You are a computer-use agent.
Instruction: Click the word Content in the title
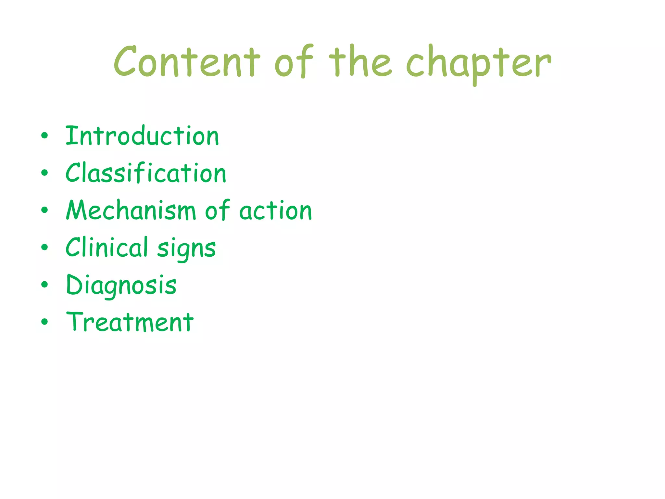pos(187,62)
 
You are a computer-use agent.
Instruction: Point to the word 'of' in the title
pos(294,62)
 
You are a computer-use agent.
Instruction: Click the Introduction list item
pos(142,136)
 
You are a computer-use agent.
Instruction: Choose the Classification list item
pos(146,173)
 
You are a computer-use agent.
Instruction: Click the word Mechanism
pos(131,210)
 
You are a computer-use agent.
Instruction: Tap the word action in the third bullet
pos(276,211)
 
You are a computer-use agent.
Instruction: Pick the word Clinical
pos(107,247)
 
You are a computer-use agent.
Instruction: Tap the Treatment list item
pos(130,322)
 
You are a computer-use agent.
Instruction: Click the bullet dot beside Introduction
pos(44,136)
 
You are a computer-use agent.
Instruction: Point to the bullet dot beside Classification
pos(44,173)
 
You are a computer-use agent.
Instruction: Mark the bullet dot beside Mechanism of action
pos(44,210)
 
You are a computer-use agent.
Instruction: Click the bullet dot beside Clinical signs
pos(44,248)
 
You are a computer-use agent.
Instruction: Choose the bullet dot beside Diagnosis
pos(44,285)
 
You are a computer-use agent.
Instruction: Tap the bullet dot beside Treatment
pos(44,322)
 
